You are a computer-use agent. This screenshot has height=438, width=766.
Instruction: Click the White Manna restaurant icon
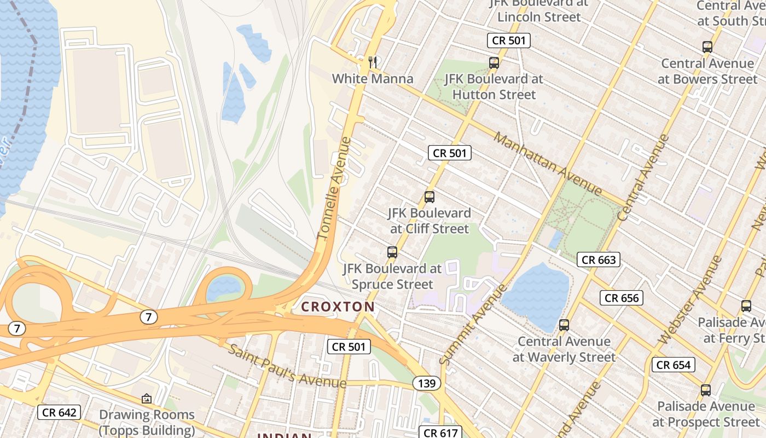[x=373, y=62]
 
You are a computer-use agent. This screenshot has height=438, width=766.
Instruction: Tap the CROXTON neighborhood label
[x=338, y=307]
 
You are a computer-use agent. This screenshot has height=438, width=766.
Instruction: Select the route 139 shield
[x=426, y=383]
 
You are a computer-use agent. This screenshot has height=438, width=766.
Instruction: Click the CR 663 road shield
[x=599, y=260]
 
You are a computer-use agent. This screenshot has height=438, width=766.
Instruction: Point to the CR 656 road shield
[x=622, y=298]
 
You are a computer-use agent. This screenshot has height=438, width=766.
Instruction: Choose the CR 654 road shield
[x=674, y=365]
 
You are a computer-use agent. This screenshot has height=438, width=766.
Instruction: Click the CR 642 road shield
[x=59, y=412]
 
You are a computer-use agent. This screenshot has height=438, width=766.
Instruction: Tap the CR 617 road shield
[x=440, y=433]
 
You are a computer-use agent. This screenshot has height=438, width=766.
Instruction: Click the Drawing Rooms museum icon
[x=146, y=399]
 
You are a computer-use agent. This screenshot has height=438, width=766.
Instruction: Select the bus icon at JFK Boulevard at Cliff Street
[x=430, y=197]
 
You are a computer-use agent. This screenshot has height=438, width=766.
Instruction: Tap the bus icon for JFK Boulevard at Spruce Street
[x=392, y=252]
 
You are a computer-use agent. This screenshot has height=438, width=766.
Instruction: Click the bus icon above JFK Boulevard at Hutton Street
[x=494, y=63]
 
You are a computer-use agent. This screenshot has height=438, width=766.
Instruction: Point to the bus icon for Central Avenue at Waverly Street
[x=564, y=325]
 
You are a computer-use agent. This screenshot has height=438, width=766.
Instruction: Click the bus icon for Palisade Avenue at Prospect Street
[x=706, y=390]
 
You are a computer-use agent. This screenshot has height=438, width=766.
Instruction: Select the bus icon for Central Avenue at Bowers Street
[x=707, y=47]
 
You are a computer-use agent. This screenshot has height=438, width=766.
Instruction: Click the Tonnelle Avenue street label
[x=334, y=189]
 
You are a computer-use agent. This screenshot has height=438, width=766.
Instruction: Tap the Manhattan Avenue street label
[x=547, y=164]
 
